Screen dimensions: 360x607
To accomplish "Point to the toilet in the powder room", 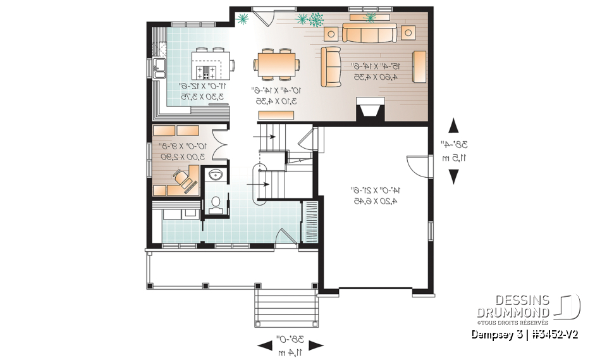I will click(216, 202).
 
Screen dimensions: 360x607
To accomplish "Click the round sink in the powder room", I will click(216, 175).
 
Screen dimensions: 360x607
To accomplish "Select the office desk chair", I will click(184, 180).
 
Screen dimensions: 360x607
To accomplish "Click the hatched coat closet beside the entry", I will click(310, 219).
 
